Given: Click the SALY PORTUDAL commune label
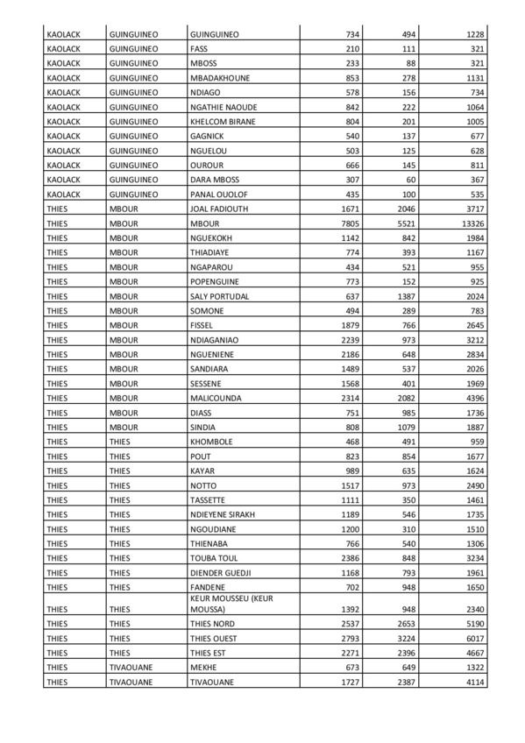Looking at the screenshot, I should click(x=219, y=296).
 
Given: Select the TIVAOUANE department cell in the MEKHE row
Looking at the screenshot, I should click(x=130, y=667).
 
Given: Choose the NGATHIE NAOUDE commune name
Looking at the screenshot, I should click(x=223, y=106).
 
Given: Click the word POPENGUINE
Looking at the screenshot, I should click(x=215, y=281).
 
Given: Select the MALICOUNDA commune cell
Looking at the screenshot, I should click(x=216, y=398).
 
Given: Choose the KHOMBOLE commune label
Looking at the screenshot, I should click(x=211, y=442).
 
